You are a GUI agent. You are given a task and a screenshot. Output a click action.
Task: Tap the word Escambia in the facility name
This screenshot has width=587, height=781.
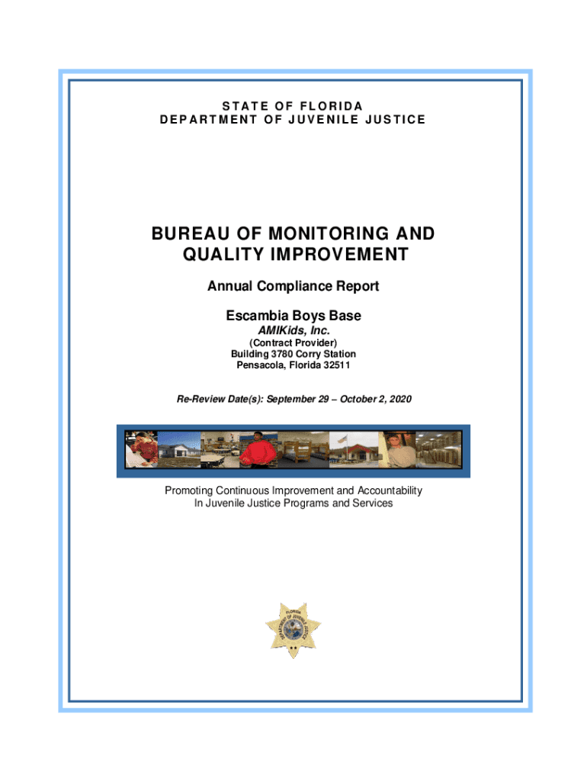click(255, 315)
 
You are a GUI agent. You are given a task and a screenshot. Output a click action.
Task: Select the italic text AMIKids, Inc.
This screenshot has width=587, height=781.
click(293, 330)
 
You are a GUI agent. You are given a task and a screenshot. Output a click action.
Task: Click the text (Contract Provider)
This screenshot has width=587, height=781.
click(293, 343)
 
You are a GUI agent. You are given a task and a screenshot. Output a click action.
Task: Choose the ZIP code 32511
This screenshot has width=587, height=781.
click(335, 365)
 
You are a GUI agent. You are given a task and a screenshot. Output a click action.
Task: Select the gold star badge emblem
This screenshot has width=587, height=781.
click(293, 628)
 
